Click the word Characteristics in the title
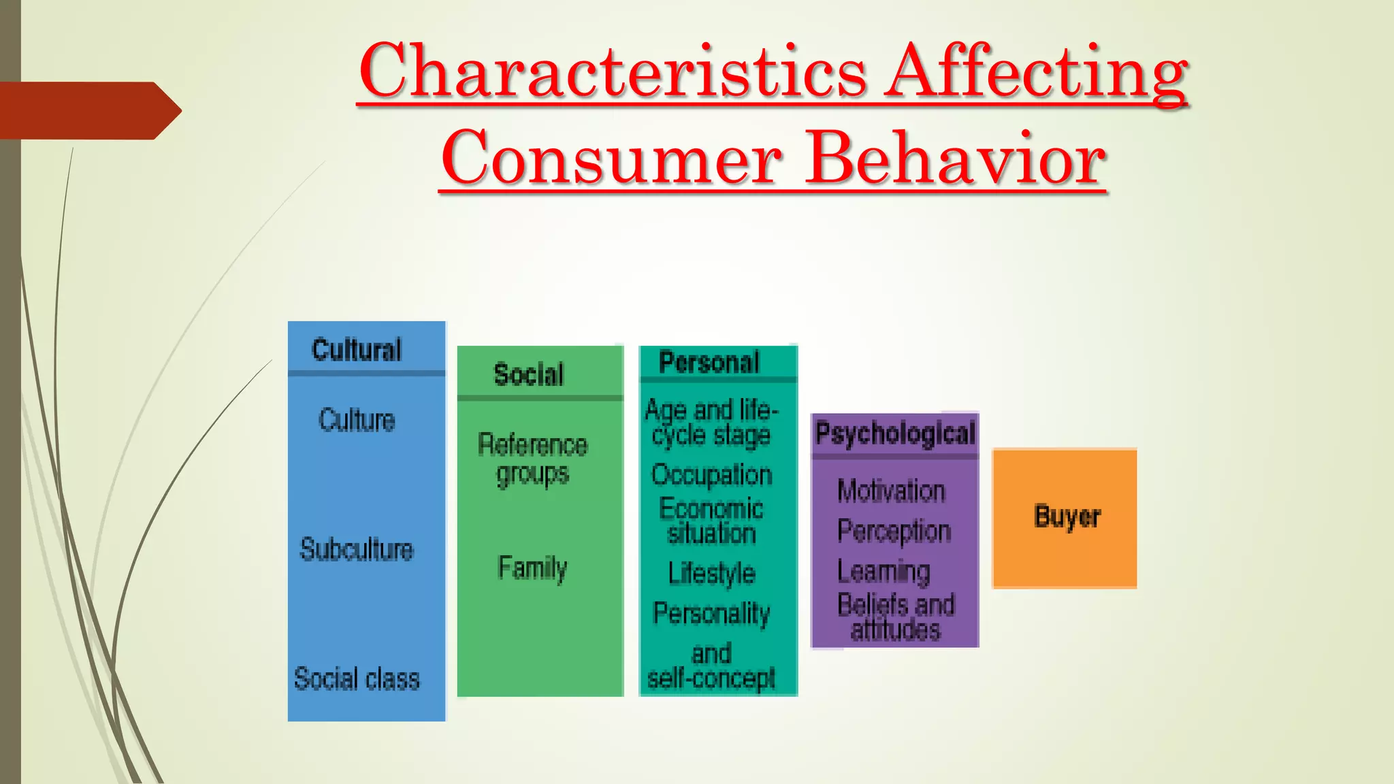pos(613,71)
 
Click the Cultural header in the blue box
pos(357,350)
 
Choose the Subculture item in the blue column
pos(357,549)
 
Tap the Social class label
pos(357,679)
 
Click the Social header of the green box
pos(529,374)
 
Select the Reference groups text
pos(532,459)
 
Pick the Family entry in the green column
pos(532,568)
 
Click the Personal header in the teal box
pos(709,362)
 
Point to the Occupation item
pos(712,474)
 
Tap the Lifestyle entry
pos(712,573)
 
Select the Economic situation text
pos(712,521)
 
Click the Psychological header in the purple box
pos(895,434)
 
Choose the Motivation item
pos(891,491)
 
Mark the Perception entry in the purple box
pos(894,531)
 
